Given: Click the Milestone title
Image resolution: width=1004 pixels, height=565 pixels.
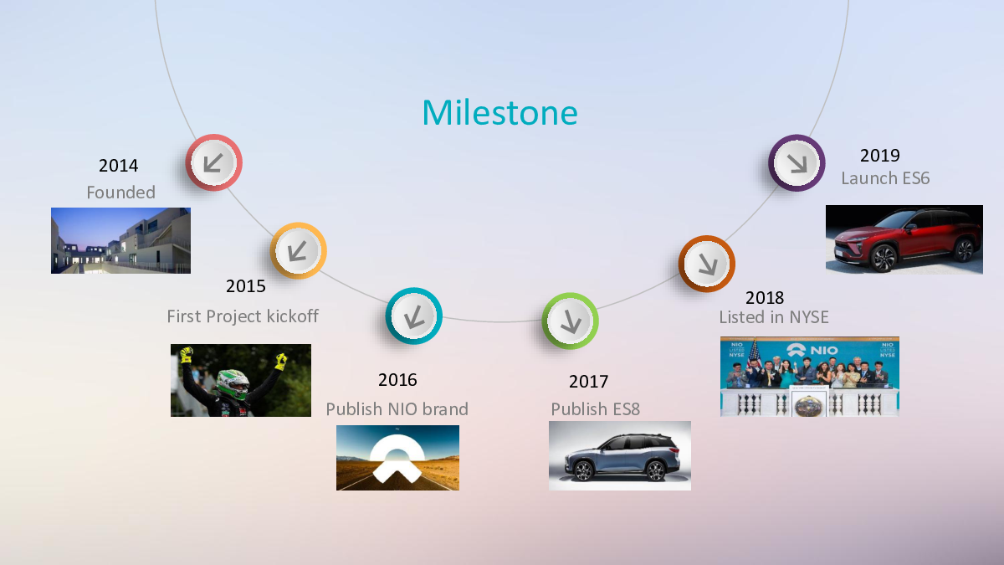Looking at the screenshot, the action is coord(499,112).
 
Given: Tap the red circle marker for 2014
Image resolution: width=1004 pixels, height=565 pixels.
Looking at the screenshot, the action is coord(214,162).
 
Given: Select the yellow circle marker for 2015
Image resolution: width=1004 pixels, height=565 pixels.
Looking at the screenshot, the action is coord(298,250).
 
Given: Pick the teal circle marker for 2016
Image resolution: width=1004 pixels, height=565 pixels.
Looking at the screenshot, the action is coord(413,316).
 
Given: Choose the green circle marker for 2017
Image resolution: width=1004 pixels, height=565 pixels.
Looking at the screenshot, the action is coord(570,321).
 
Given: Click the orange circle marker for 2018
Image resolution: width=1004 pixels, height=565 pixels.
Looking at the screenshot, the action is coord(707,264).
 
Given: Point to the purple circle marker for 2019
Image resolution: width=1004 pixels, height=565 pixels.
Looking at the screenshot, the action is coord(797,162).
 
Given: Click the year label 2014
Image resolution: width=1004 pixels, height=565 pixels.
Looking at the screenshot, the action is coord(118,166).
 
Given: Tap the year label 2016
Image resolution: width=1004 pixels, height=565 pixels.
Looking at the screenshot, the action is coord(397,380).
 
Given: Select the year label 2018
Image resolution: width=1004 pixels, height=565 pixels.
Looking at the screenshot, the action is coord(765,298).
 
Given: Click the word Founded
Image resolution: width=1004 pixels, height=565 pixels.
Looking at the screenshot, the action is coord(121,193).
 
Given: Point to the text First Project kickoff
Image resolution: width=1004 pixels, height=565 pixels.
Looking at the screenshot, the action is coord(243,316).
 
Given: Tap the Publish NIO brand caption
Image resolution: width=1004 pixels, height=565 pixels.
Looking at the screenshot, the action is coord(397,409).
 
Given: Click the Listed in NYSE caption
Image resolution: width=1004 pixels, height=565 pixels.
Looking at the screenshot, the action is coord(774,317).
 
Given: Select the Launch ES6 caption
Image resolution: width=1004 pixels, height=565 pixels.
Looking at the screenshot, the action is coord(885,178).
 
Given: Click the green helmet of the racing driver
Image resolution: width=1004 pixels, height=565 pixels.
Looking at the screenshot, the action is coord(233,384).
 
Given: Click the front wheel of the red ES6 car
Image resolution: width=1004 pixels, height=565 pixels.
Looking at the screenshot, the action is coord(884,258).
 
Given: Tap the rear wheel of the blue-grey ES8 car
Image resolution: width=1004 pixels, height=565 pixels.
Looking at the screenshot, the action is coord(655,470).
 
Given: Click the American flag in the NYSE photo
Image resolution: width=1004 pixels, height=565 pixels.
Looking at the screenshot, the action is coord(755,353).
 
